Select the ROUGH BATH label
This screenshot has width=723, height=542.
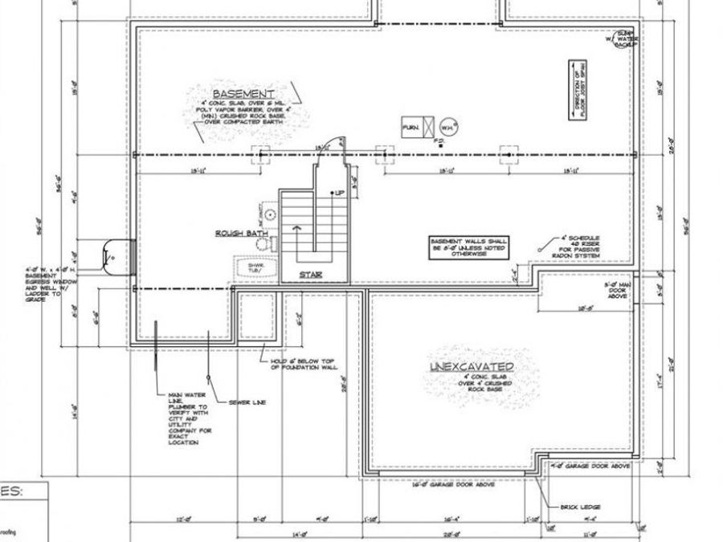pyautogui.click(x=240, y=234)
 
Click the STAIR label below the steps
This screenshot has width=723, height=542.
pyautogui.click(x=311, y=275)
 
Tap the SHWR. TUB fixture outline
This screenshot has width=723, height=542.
pyautogui.click(x=255, y=269)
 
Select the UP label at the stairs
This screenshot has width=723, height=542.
pyautogui.click(x=339, y=194)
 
